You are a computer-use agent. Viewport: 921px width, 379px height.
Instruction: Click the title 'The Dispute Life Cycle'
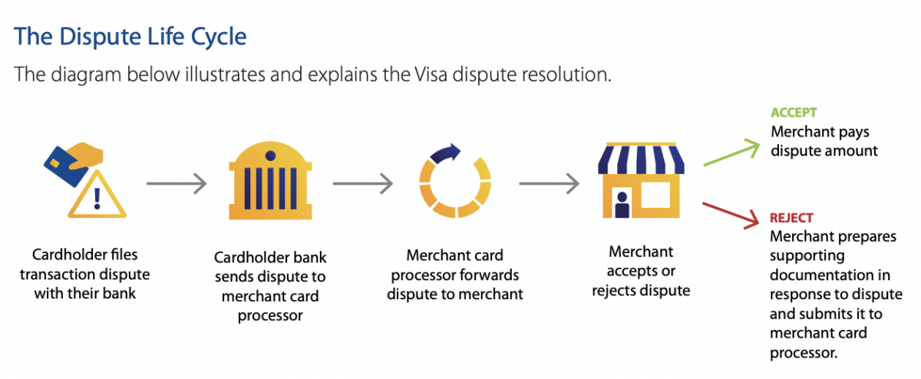pyautogui.click(x=130, y=36)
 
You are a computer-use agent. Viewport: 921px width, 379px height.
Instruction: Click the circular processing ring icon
pyautogui.click(x=454, y=185)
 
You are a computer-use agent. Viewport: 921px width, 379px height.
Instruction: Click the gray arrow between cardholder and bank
pyautogui.click(x=176, y=183)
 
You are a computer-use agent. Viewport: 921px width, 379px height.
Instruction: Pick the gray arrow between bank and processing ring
pyautogui.click(x=362, y=183)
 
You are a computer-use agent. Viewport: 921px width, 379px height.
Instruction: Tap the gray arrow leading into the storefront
pyautogui.click(x=549, y=183)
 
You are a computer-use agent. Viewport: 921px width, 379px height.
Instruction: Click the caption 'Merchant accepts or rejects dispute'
pyautogui.click(x=641, y=271)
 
